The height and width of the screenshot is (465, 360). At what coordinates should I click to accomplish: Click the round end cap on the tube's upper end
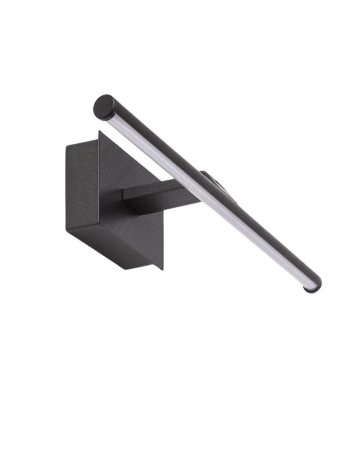point(104,107)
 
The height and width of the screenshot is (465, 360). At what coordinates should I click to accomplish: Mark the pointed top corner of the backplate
point(99,132)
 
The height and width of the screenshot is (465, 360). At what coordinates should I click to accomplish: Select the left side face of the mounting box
point(82,186)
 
